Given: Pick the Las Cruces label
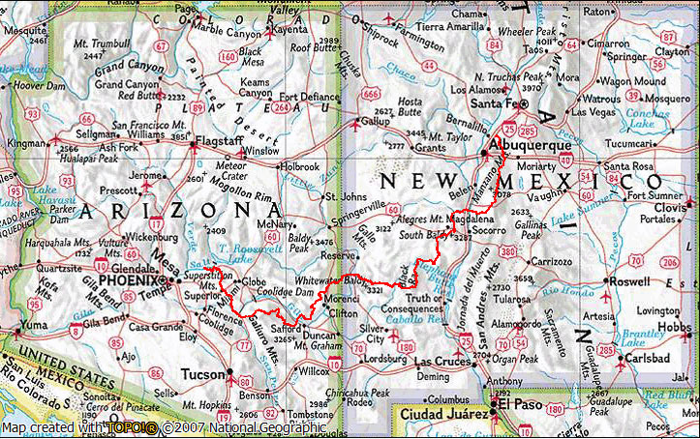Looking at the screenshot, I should pyautogui.click(x=441, y=362).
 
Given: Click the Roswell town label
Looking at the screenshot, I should pyautogui.click(x=634, y=281).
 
